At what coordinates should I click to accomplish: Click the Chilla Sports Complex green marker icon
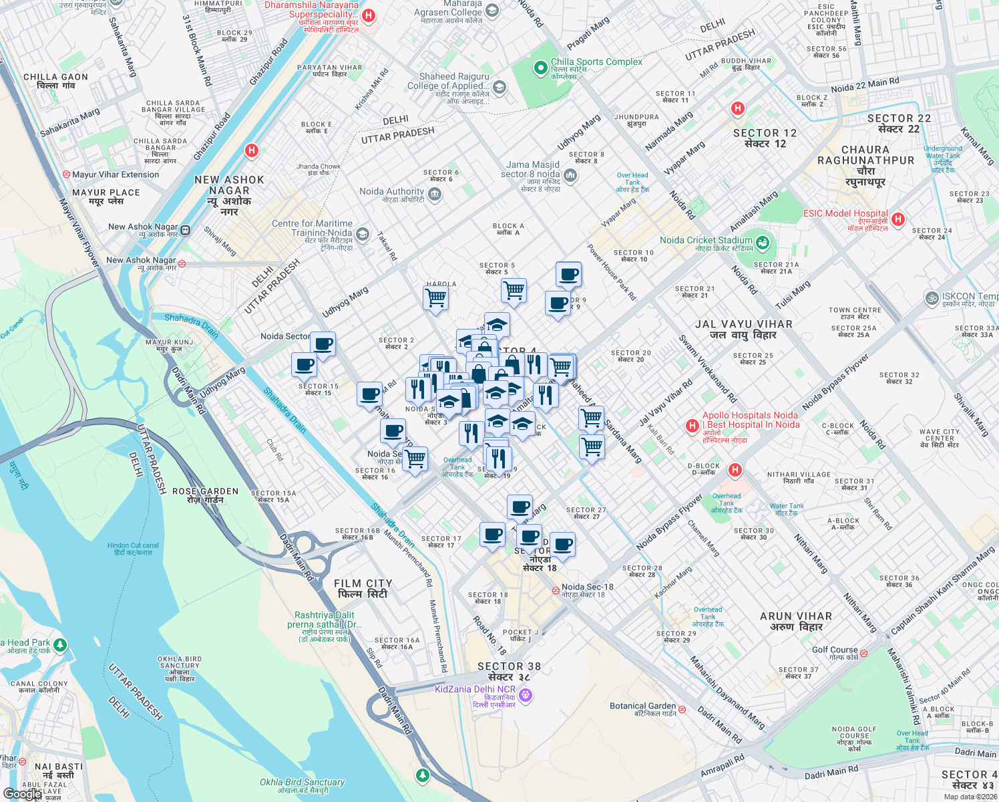(x=540, y=68)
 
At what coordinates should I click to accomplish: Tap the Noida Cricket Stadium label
(x=706, y=241)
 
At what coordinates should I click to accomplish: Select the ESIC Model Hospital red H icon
(x=898, y=219)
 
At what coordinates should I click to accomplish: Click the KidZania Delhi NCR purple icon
(x=526, y=695)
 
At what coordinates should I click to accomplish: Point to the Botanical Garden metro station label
(x=642, y=706)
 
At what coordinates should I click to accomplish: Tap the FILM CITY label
(x=363, y=583)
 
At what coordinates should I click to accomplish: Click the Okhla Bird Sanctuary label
(x=303, y=782)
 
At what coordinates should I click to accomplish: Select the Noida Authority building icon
(x=434, y=194)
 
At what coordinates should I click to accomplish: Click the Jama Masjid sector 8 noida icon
(x=570, y=175)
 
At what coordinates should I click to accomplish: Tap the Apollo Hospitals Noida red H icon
(x=692, y=426)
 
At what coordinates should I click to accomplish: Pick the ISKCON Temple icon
(x=931, y=297)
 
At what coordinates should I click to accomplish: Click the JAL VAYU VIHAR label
(x=743, y=324)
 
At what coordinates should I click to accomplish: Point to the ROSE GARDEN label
(x=205, y=491)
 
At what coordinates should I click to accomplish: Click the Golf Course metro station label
(x=834, y=650)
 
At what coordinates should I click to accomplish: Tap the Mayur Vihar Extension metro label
(x=115, y=174)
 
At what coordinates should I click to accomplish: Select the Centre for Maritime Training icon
(x=363, y=234)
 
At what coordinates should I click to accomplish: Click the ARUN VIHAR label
(x=796, y=616)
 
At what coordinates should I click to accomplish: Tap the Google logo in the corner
(x=21, y=793)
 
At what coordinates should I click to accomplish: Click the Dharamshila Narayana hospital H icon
(x=369, y=15)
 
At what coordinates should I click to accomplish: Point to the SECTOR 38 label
(x=509, y=666)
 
